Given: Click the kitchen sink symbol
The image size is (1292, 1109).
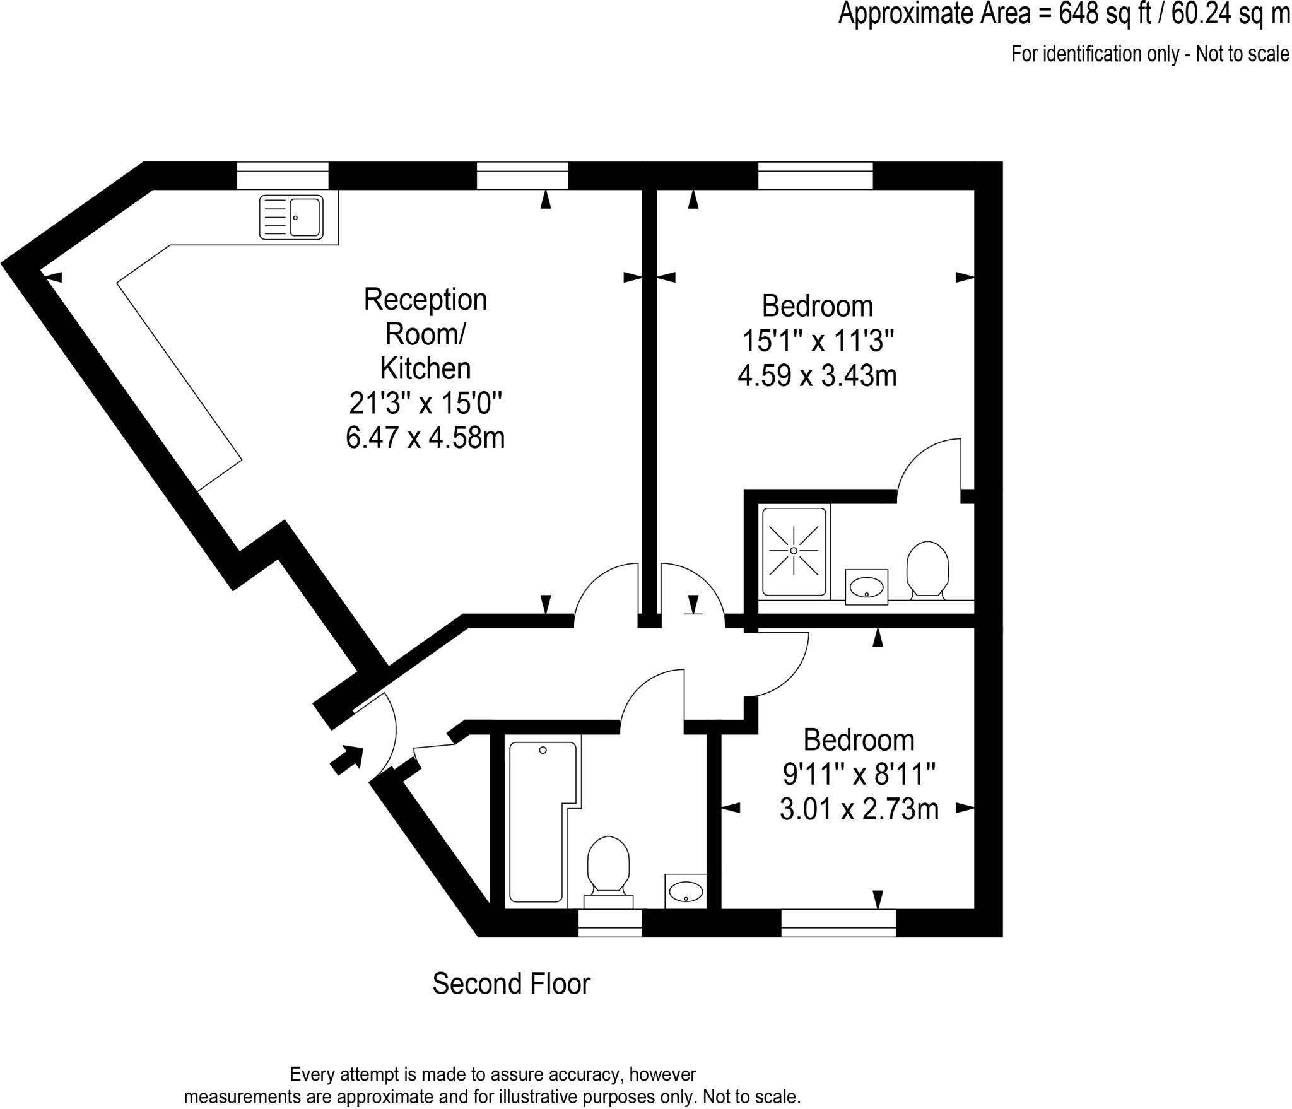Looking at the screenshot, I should tap(291, 217).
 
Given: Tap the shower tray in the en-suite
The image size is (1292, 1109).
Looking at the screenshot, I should tap(794, 551).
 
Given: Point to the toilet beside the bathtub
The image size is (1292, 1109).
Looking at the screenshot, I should tap(609, 864).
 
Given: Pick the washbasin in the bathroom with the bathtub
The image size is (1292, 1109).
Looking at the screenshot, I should tap(686, 891).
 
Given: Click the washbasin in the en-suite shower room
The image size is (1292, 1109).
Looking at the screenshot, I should tap(866, 587).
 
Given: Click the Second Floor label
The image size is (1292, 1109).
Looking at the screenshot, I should tap(511, 983).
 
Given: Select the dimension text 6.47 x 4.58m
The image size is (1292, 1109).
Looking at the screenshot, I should tap(425, 437).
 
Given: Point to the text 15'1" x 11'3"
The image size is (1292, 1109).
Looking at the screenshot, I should tap(818, 341).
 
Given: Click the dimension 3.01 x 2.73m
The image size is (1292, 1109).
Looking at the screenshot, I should tap(859, 809).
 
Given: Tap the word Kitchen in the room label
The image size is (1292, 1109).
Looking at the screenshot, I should tap(425, 368).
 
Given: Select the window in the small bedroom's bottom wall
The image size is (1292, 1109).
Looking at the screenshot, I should tap(838, 923).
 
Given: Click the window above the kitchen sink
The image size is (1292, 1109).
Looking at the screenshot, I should tap(283, 175).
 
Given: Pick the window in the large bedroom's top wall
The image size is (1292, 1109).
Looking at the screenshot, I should tap(815, 175).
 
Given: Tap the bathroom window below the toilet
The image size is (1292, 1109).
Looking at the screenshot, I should tap(610, 923).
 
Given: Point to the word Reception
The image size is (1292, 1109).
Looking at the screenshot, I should tap(425, 300).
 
